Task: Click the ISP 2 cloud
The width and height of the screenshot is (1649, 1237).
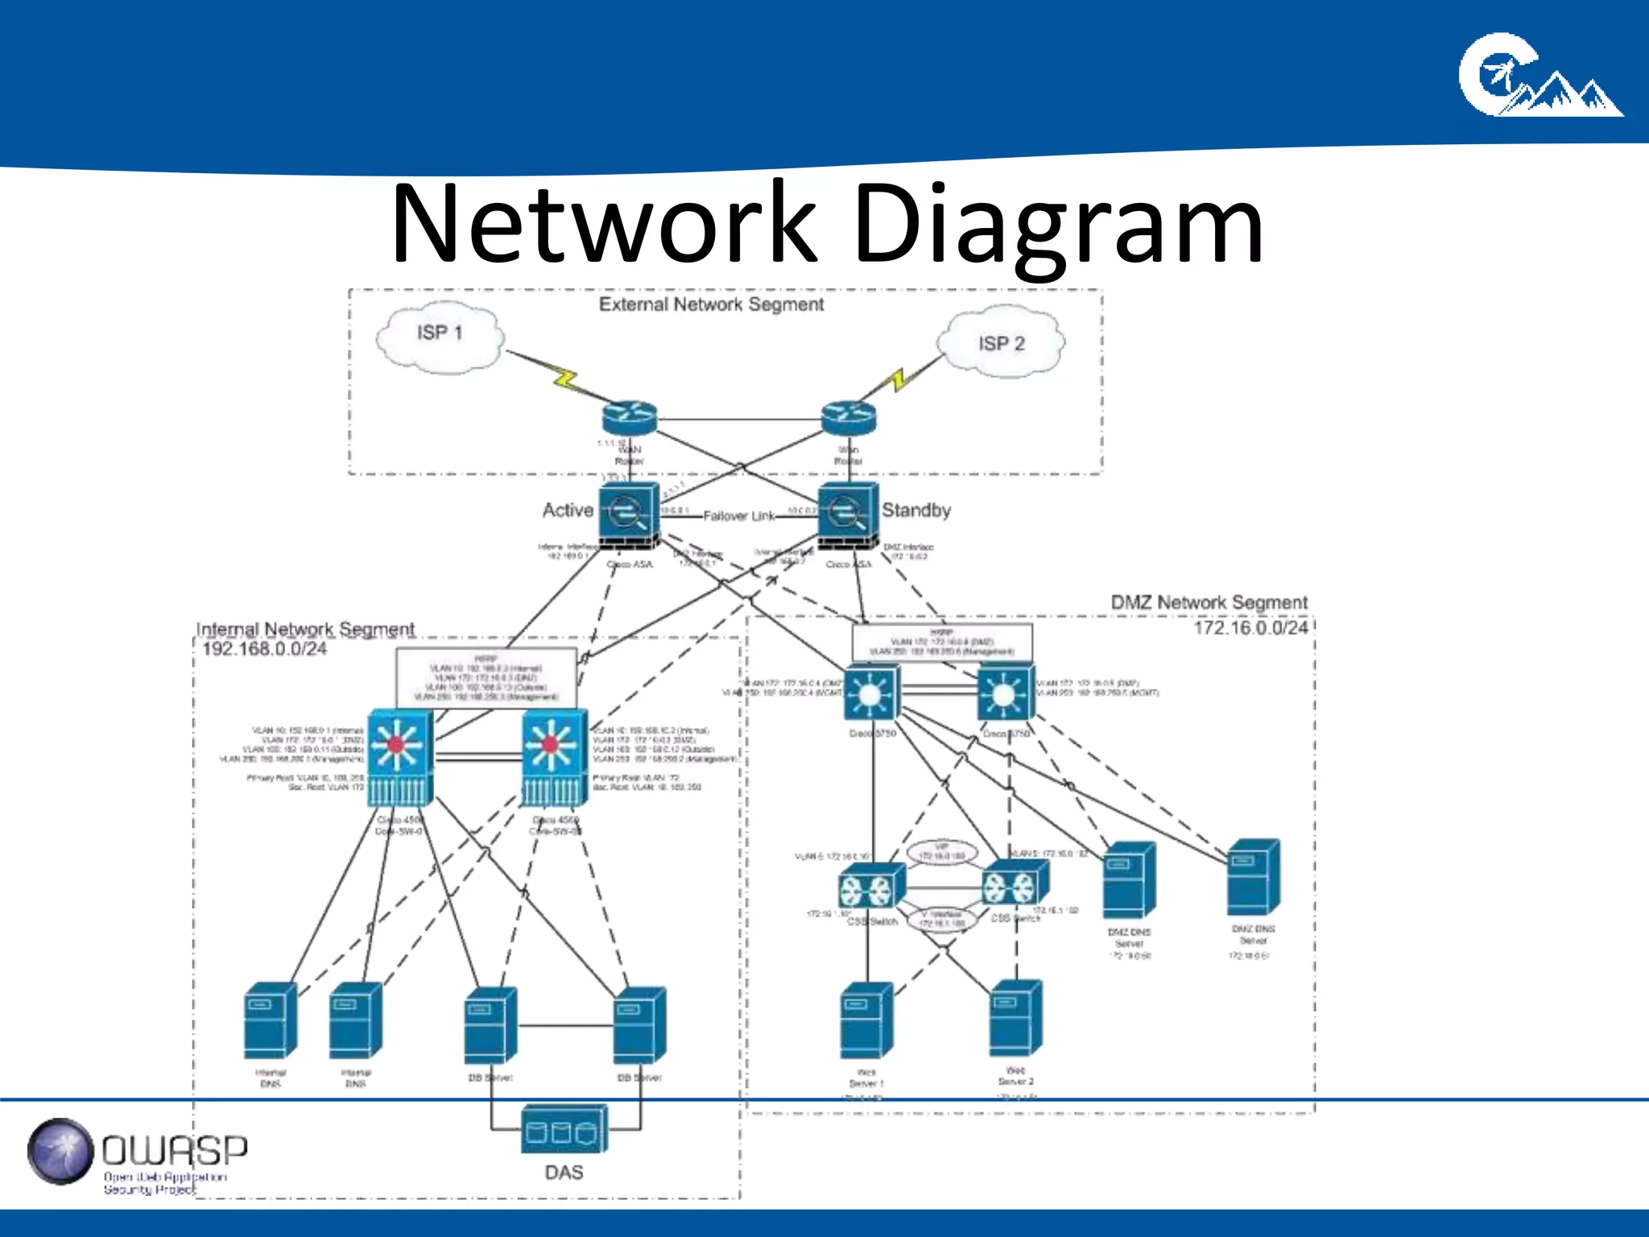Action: click(x=1002, y=343)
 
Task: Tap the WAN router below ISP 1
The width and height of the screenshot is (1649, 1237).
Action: click(x=630, y=418)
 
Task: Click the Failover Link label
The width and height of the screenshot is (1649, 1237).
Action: click(x=738, y=515)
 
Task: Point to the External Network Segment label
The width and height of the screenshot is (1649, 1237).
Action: click(x=711, y=304)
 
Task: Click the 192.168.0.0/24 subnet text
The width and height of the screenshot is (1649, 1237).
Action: click(x=264, y=649)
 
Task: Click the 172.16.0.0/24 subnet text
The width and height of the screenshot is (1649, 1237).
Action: click(x=1250, y=627)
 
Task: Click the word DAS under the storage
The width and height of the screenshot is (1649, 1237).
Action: click(x=564, y=1173)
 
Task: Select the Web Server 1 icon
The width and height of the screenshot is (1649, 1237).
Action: click(x=866, y=1020)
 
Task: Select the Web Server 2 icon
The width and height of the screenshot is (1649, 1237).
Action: click(x=1016, y=1018)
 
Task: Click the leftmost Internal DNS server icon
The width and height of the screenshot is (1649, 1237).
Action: click(x=270, y=1020)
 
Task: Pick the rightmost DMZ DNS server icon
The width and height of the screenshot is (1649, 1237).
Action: click(x=1253, y=877)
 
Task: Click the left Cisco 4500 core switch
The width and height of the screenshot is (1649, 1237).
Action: click(x=400, y=757)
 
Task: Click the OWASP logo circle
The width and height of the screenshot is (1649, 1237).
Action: click(x=60, y=1151)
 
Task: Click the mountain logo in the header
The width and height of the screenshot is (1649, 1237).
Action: click(x=1539, y=76)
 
